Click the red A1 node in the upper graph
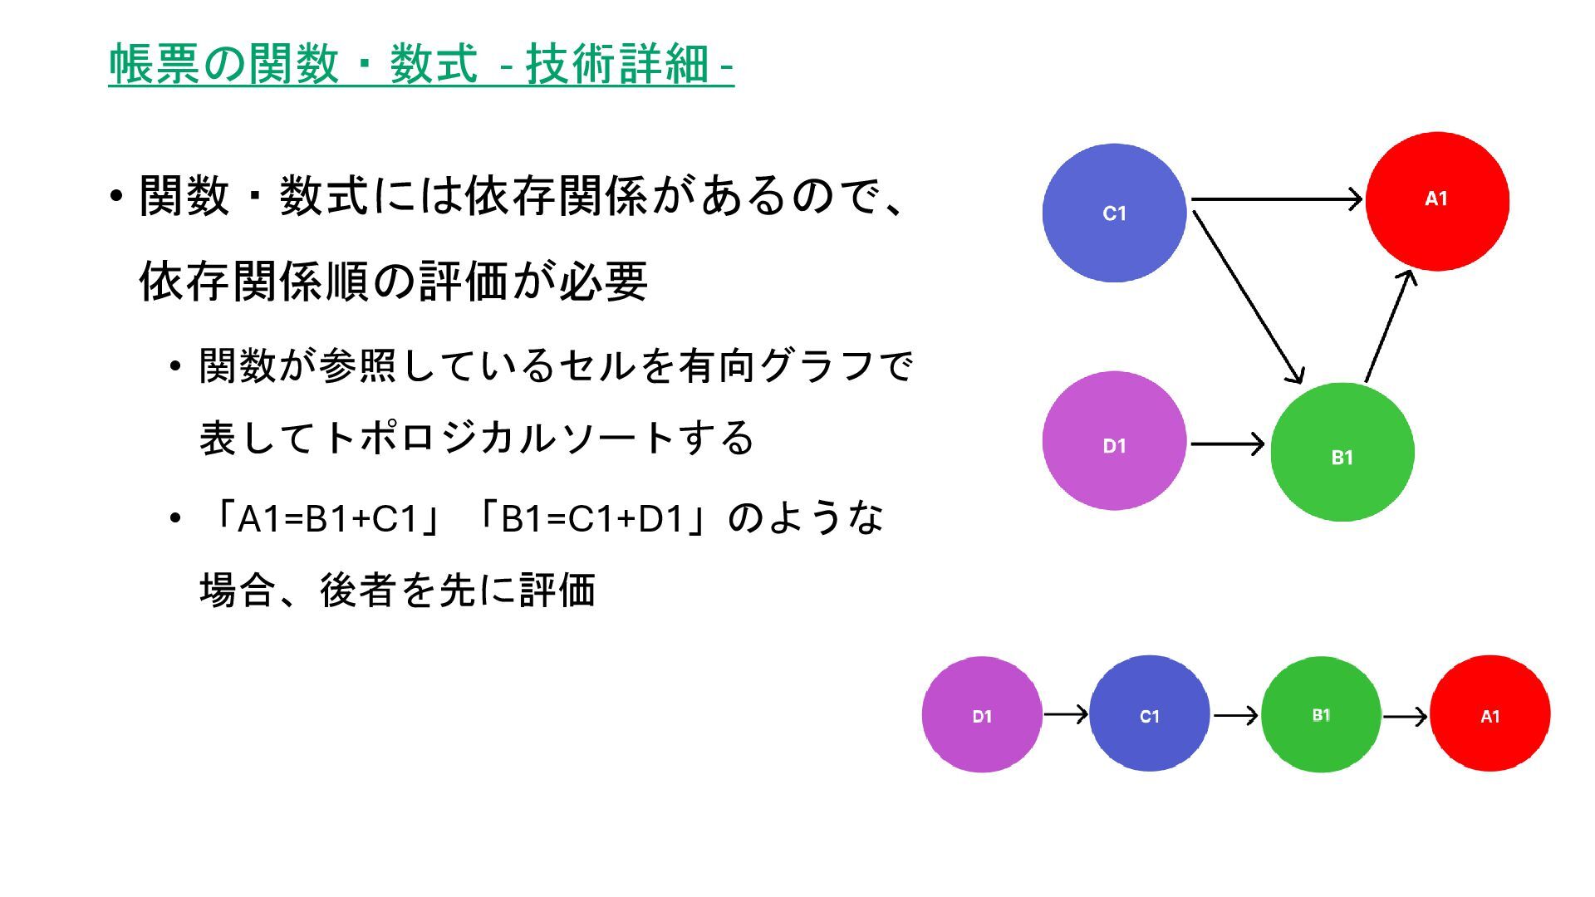tap(1437, 201)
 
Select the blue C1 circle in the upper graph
tap(1114, 213)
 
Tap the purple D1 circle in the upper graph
tap(1114, 441)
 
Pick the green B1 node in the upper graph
tap(1342, 453)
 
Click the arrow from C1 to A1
tap(1276, 199)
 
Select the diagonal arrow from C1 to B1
tap(1247, 297)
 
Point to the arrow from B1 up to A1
tap(1391, 326)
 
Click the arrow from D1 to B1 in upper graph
tap(1227, 444)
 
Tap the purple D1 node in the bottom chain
tap(982, 715)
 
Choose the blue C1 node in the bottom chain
tap(1149, 714)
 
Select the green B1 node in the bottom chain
tap(1321, 714)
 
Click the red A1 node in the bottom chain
tap(1489, 714)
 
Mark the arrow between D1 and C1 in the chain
tap(1066, 714)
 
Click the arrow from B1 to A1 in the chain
tap(1405, 715)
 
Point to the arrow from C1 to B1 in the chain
tap(1235, 714)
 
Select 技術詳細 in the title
tap(616, 64)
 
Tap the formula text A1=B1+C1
tap(326, 519)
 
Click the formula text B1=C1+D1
tap(591, 519)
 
